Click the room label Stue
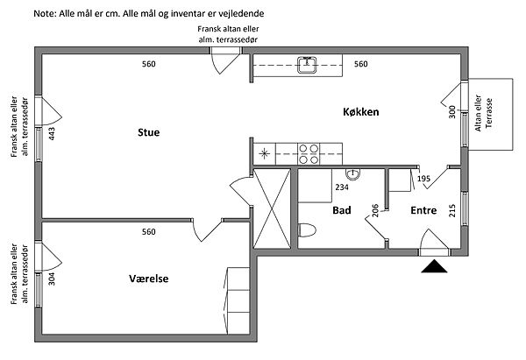click(x=149, y=133)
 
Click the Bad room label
click(x=342, y=211)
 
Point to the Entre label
click(x=423, y=211)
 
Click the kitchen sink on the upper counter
click(x=308, y=64)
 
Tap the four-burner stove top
click(x=309, y=154)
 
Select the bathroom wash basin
click(x=352, y=173)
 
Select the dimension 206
click(x=375, y=210)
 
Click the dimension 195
click(x=423, y=179)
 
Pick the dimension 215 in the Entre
click(x=453, y=211)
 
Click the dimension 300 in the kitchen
click(x=452, y=112)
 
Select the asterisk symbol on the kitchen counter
click(x=265, y=154)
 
